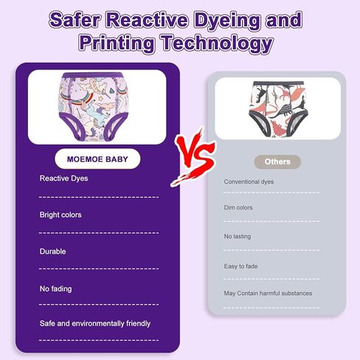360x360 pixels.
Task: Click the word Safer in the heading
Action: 75,20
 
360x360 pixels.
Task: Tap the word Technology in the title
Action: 217,43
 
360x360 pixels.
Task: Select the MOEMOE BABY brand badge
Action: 97,159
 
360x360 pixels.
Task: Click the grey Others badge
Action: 277,162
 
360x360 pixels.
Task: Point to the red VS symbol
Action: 194,157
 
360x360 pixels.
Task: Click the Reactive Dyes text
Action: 63,179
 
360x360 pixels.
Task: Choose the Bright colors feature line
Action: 60,215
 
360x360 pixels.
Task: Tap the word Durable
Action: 52,252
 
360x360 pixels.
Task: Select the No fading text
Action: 56,288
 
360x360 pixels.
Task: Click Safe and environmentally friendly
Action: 95,323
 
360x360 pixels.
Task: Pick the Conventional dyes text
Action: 249,181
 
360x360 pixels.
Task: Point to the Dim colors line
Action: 238,207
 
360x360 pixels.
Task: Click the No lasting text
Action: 238,236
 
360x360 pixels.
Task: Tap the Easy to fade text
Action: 240,266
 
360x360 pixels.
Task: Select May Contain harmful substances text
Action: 268,293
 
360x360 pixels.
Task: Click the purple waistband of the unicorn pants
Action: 92,75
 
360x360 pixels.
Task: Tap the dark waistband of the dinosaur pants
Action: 278,83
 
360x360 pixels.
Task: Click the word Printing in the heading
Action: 117,43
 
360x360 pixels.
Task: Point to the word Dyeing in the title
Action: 227,20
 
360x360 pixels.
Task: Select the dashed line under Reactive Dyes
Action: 99,197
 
